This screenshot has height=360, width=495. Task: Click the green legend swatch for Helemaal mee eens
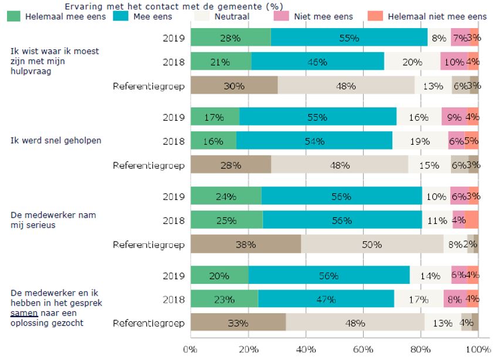pos(14,16)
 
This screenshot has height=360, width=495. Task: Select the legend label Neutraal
pos(229,16)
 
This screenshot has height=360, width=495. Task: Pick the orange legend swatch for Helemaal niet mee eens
pos(375,16)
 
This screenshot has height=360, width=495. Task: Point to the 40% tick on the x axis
pos(306,349)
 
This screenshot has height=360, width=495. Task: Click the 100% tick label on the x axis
pos(478,349)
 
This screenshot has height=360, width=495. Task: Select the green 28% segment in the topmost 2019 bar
pos(231,39)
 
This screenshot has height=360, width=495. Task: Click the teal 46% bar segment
pos(317,61)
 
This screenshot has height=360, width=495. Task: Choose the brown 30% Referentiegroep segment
pos(234,86)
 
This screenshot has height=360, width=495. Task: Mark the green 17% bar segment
pos(215,117)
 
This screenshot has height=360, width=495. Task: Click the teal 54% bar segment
pos(314,141)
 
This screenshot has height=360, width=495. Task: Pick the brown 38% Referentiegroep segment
pos(246,244)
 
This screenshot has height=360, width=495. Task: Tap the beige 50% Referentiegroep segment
pos(372,244)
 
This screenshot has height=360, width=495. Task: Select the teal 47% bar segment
pos(326,299)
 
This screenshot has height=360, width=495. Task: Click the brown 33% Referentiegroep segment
pos(238,322)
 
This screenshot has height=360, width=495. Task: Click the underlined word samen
pos(22,314)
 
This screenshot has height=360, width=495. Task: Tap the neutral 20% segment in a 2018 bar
pos(412,61)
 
